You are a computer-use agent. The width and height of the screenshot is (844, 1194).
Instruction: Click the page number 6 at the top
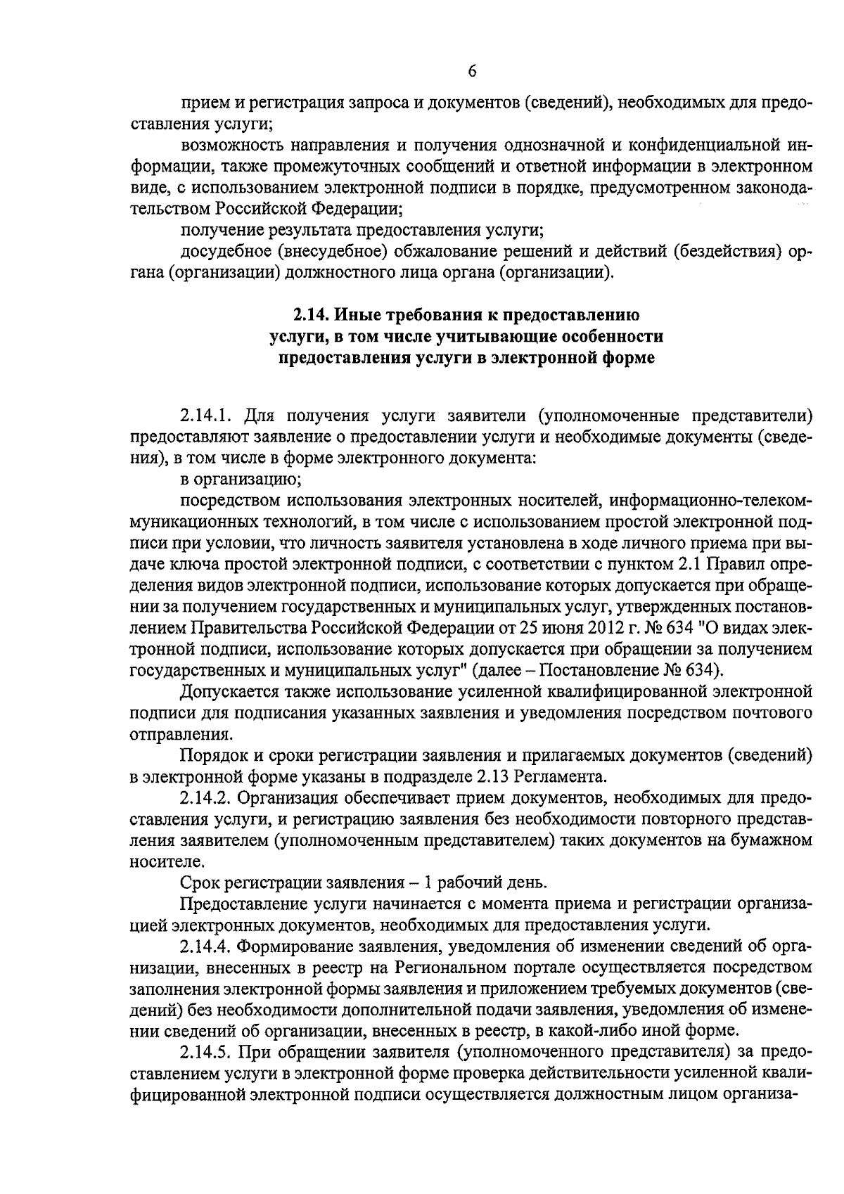point(472,71)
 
